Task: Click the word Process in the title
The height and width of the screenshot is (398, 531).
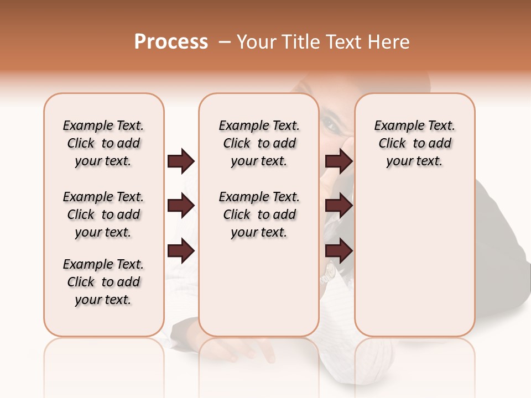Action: pyautogui.click(x=171, y=42)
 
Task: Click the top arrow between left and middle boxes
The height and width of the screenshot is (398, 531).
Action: pyautogui.click(x=181, y=161)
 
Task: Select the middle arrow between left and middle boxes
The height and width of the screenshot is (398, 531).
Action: pyautogui.click(x=181, y=206)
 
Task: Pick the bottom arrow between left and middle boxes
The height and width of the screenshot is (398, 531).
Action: pyautogui.click(x=181, y=251)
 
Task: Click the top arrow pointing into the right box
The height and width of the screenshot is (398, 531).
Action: pyautogui.click(x=339, y=161)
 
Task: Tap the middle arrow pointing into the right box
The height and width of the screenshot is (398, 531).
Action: pyautogui.click(x=339, y=206)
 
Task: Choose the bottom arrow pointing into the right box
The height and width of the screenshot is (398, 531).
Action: pyautogui.click(x=339, y=251)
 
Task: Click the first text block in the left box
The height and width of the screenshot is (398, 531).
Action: pyautogui.click(x=103, y=143)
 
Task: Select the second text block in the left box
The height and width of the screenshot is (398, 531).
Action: pyautogui.click(x=103, y=214)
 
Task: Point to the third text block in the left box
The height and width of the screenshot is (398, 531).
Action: pyautogui.click(x=103, y=282)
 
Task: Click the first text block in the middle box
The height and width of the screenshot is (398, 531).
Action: pyautogui.click(x=259, y=143)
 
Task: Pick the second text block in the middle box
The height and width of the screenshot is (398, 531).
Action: pyautogui.click(x=259, y=214)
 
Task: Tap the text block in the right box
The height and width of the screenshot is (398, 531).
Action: pyautogui.click(x=414, y=143)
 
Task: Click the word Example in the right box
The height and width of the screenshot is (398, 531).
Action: pyautogui.click(x=395, y=126)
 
